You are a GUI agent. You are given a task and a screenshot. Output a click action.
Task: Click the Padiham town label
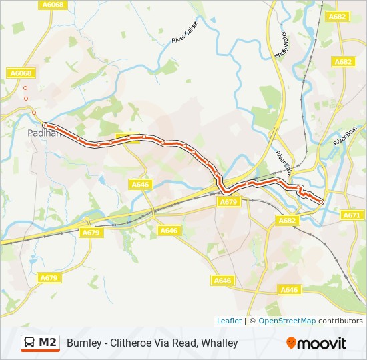click(x=43, y=133)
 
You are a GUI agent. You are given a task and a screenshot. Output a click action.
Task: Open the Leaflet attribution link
click(x=229, y=321)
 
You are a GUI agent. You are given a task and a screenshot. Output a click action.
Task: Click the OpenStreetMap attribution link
click(x=287, y=321)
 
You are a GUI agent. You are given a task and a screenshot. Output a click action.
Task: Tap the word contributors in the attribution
click(x=340, y=321)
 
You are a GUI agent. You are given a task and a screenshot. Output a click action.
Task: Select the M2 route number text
click(x=48, y=343)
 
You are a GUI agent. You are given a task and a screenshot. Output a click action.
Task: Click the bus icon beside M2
click(x=30, y=343)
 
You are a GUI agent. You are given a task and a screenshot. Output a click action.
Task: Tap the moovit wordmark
click(x=322, y=343)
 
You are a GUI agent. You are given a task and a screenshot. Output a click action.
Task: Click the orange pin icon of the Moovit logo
click(x=291, y=343)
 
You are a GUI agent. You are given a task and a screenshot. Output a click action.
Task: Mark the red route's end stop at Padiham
click(x=45, y=125)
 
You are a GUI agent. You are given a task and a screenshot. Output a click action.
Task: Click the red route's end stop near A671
click(x=322, y=201)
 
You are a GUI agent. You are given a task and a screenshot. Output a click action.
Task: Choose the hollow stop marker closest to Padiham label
click(x=33, y=113)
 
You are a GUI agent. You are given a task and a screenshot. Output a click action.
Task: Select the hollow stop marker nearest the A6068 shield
click(x=25, y=87)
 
